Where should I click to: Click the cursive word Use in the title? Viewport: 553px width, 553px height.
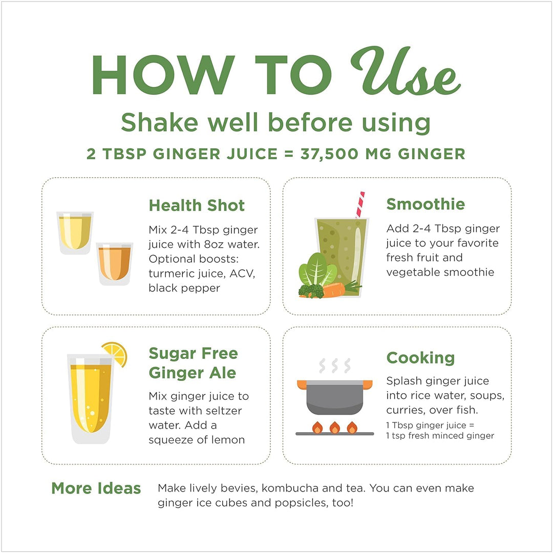point(407,72)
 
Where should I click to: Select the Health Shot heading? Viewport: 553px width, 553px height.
point(197,205)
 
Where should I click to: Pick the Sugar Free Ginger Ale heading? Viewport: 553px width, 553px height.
point(193,363)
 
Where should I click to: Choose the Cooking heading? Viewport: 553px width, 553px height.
point(420,357)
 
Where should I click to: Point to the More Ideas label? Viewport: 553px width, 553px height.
point(96,488)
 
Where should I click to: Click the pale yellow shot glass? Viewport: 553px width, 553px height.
point(75,232)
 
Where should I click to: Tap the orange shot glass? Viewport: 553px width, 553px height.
point(114,263)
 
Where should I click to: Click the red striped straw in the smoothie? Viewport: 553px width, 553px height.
point(360,204)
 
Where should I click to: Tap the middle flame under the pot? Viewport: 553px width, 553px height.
point(335,427)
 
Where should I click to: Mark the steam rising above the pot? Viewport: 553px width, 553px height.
point(335,366)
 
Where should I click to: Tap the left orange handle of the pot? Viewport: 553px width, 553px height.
point(302,384)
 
